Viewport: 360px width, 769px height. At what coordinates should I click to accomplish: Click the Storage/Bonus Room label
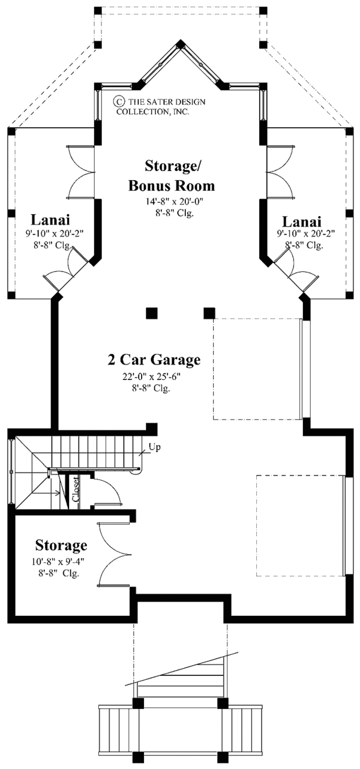[x=172, y=175]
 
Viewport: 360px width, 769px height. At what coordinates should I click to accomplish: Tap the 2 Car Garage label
[x=154, y=360]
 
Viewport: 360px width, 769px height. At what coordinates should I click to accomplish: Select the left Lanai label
[x=50, y=219]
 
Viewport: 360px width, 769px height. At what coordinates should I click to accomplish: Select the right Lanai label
[x=302, y=222]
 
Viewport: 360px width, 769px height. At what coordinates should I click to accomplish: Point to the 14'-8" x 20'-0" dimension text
[x=175, y=202]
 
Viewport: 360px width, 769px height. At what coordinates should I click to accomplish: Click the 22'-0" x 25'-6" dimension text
[x=151, y=376]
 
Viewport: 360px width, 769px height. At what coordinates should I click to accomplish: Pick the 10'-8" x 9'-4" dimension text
[x=57, y=562]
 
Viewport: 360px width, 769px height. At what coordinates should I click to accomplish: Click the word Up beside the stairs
[x=154, y=447]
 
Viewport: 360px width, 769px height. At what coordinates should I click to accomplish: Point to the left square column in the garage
[x=151, y=313]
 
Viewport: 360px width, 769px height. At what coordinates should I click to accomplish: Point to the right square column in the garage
[x=209, y=313]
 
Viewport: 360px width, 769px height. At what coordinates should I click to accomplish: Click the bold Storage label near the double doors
[x=61, y=545]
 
